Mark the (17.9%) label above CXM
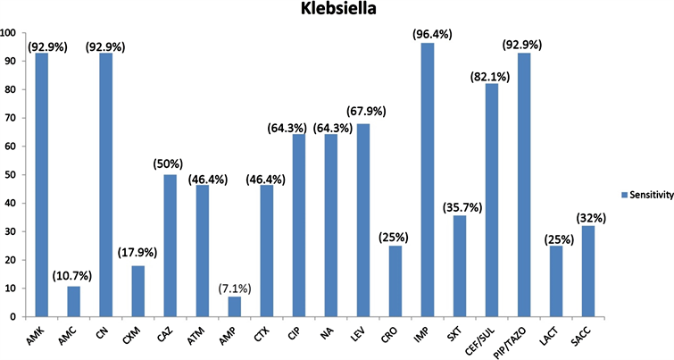[136, 251]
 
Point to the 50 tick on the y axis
[9, 175]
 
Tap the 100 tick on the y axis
[9, 33]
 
